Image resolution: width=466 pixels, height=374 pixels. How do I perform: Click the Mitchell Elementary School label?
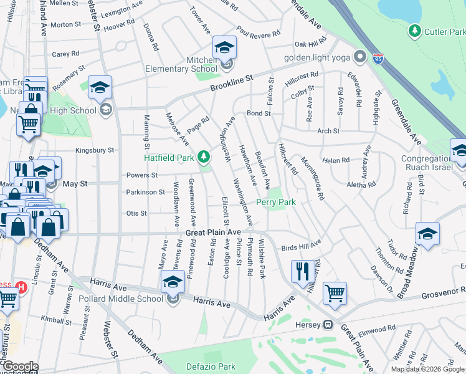point(180,64)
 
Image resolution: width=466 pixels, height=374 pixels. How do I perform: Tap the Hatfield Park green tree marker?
point(203,156)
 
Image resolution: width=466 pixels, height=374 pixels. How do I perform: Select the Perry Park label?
point(275,203)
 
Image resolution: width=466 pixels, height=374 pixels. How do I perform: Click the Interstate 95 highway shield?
point(378,59)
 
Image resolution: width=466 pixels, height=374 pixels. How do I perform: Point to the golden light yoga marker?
point(359,57)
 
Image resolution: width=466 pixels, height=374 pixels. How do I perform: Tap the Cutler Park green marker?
point(414,31)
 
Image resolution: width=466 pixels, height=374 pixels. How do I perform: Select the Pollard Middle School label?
point(121,299)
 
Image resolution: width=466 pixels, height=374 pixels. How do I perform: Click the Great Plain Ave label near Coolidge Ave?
point(213,232)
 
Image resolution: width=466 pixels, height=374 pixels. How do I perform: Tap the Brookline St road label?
point(233,83)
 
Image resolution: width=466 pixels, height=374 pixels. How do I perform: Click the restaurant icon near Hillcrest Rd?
point(303,271)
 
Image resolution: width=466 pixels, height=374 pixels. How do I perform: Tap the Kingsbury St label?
point(95,150)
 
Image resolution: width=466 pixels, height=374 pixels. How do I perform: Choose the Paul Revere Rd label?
point(258,33)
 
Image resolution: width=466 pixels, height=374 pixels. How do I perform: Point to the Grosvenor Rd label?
point(443,293)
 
